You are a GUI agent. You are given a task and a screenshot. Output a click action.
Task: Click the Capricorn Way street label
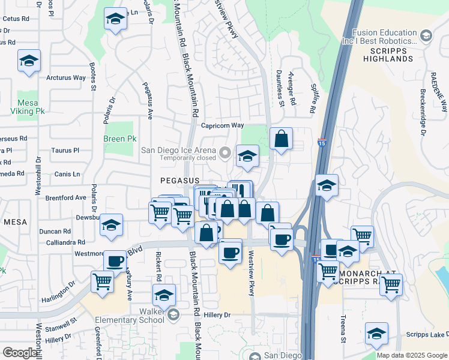(222, 125)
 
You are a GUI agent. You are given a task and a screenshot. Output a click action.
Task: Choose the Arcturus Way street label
(66, 78)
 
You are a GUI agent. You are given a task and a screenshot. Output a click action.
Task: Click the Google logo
(20, 352)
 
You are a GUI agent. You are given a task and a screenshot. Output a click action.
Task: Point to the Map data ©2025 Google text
(411, 355)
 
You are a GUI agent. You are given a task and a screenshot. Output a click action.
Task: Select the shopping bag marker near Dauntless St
(281, 140)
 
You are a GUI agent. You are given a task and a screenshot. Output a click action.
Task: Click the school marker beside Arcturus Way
(28, 61)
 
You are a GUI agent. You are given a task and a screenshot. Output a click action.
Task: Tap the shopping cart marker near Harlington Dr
(103, 280)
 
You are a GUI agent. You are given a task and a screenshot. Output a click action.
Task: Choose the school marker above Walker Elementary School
(163, 295)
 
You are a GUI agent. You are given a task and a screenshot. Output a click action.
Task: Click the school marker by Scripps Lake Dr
(376, 334)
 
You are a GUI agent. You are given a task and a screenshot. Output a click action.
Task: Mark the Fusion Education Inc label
(385, 37)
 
